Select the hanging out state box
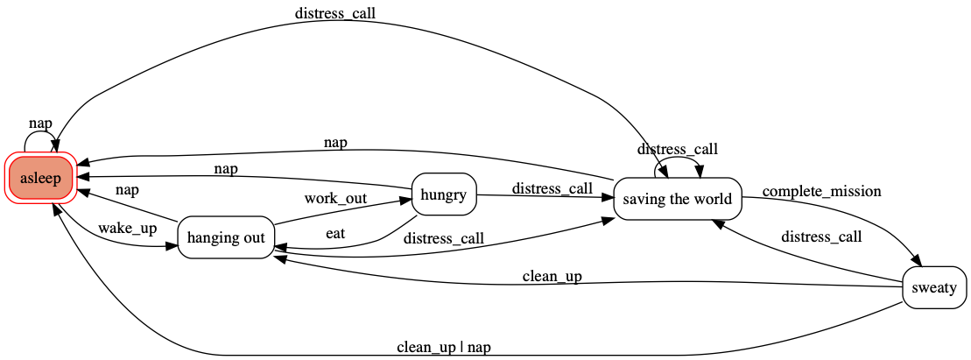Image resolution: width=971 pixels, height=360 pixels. (x=227, y=238)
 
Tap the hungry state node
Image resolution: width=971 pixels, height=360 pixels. (x=443, y=194)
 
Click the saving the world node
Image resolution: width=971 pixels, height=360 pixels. (x=678, y=199)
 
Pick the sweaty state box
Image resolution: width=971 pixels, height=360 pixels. (x=934, y=288)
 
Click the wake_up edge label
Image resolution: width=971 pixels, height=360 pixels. (x=127, y=229)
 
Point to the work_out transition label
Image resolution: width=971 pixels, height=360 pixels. (x=335, y=198)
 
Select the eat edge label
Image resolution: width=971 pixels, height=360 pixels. (x=334, y=234)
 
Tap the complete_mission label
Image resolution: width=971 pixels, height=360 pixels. (x=821, y=191)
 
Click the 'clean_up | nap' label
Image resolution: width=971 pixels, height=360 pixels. (x=443, y=347)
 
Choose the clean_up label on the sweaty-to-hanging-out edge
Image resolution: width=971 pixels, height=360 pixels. (x=552, y=277)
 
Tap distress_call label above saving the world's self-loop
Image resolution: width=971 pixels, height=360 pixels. (x=679, y=149)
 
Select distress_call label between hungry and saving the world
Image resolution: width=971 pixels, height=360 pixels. (x=552, y=188)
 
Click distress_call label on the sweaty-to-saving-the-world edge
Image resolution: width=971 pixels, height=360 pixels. (x=821, y=236)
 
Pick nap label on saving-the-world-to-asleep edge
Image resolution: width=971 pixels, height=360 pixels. (x=335, y=142)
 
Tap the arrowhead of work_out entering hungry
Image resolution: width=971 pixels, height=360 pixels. (x=406, y=200)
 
